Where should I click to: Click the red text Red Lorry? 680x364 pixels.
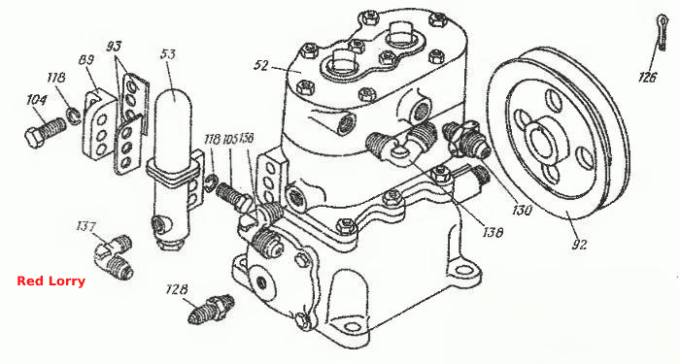(51, 281)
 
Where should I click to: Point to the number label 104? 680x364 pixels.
(37, 101)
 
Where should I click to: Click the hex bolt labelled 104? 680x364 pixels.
(46, 130)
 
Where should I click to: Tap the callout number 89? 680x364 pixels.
(86, 60)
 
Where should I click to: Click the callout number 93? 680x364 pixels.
(114, 47)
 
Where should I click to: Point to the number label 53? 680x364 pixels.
(168, 54)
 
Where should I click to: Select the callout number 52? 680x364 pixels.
(261, 66)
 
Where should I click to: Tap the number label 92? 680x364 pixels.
(579, 244)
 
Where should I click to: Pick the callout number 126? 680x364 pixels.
(648, 78)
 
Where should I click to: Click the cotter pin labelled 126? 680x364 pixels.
(662, 33)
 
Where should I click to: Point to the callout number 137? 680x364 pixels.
(85, 226)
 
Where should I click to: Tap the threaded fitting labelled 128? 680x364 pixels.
(212, 309)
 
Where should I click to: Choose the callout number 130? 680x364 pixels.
(521, 211)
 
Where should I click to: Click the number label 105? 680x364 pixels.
(231, 139)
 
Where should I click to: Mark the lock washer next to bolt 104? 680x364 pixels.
(73, 116)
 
